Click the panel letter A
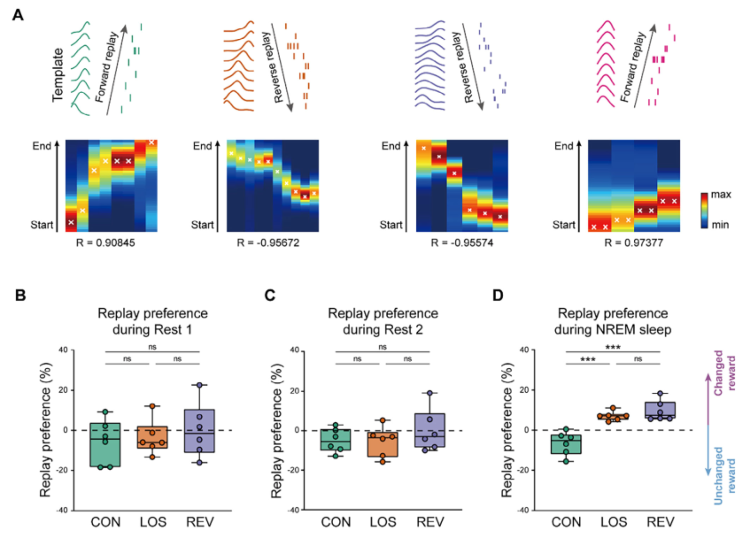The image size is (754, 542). (x=18, y=15)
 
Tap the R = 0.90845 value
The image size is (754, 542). (x=105, y=243)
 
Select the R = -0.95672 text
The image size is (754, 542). (x=268, y=243)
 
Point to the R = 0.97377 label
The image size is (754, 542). (x=634, y=243)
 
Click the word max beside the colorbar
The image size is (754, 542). (x=721, y=195)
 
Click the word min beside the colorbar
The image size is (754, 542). (x=720, y=225)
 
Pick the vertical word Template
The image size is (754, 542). (x=58, y=75)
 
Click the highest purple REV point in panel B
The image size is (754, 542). (x=199, y=385)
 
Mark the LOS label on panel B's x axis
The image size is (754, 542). (x=153, y=522)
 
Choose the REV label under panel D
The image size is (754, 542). (x=660, y=522)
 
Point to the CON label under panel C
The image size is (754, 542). (x=336, y=522)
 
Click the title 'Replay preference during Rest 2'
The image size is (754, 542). (x=383, y=321)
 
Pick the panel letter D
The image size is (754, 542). (x=497, y=295)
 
